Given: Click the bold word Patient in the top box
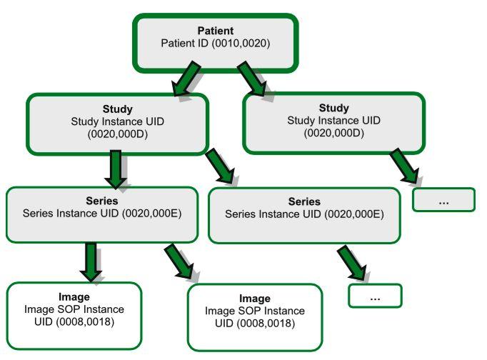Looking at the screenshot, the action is pos(216,31).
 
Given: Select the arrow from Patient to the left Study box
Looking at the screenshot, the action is pos(186,79).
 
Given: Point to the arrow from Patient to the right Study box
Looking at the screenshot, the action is pos(252,79).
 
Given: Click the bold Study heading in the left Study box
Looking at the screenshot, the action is pos(117,109).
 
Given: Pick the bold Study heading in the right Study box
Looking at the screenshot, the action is pos(334,108).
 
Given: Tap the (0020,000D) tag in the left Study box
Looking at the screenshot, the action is pos(117,134).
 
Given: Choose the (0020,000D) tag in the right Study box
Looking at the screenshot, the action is pos(334,133).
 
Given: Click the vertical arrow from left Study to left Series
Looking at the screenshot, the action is pos(116,169).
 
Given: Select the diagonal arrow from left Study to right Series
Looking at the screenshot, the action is pos(220,166).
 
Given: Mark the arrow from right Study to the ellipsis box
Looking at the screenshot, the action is pos(405,166).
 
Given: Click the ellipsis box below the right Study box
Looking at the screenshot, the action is pos(444,200).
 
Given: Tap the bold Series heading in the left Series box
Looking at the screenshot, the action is pos(102,201).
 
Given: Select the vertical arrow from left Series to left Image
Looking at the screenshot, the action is pos(91,262).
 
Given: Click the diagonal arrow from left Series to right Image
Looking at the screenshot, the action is pos(179,261).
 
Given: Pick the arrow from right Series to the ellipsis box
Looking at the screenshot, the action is pos(352,263).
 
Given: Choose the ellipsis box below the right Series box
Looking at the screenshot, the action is pos(375,296).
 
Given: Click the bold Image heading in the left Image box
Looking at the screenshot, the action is pos(74,297).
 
